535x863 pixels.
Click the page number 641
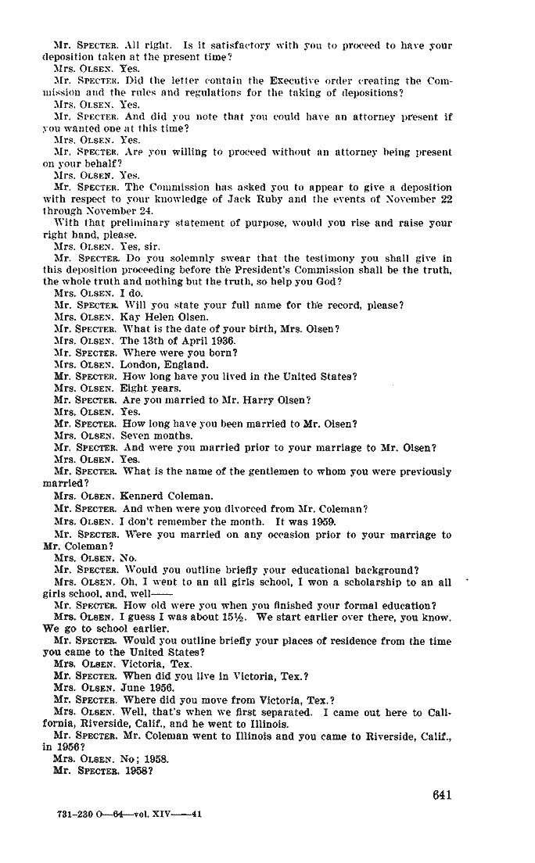(x=441, y=795)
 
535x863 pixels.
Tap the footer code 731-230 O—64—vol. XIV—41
(x=130, y=814)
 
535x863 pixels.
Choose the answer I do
(x=131, y=293)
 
